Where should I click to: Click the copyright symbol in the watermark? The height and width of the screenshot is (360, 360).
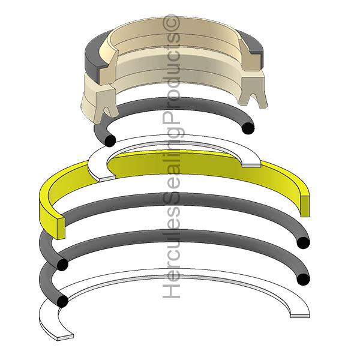click(172, 23)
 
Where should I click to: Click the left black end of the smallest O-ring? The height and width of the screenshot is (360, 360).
click(110, 140)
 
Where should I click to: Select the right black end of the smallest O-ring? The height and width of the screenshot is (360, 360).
click(248, 128)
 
